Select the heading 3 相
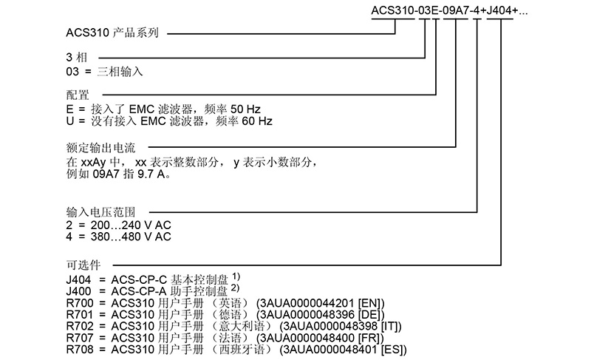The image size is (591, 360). [77, 58]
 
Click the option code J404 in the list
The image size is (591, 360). [79, 280]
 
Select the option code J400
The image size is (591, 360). [79, 291]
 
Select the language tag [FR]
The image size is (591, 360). [371, 338]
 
